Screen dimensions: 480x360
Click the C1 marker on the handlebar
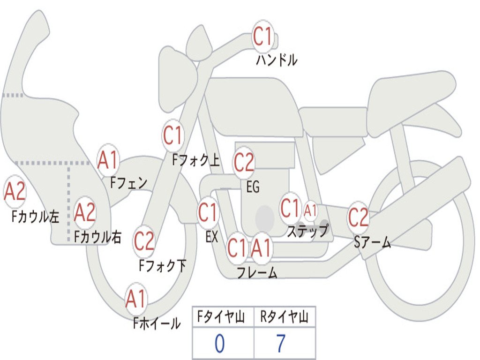pos(263,36)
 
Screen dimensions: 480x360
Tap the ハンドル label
pos(277,60)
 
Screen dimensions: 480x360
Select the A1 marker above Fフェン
pos(108,160)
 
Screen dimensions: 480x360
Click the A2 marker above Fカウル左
pos(15,192)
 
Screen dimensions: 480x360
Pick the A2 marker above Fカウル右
pos(85,212)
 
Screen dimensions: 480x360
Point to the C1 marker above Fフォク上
pos(173,136)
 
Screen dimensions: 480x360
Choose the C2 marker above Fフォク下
pos(144,241)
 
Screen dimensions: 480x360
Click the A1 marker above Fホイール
pos(136,299)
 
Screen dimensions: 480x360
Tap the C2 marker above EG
pos(244,163)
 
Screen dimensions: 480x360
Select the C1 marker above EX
pos(208,213)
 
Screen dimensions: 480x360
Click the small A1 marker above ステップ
pos(310,210)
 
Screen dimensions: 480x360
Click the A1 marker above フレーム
pos(261,247)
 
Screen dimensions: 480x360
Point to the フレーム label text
pos(257,273)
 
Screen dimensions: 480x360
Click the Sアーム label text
pos(373,242)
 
